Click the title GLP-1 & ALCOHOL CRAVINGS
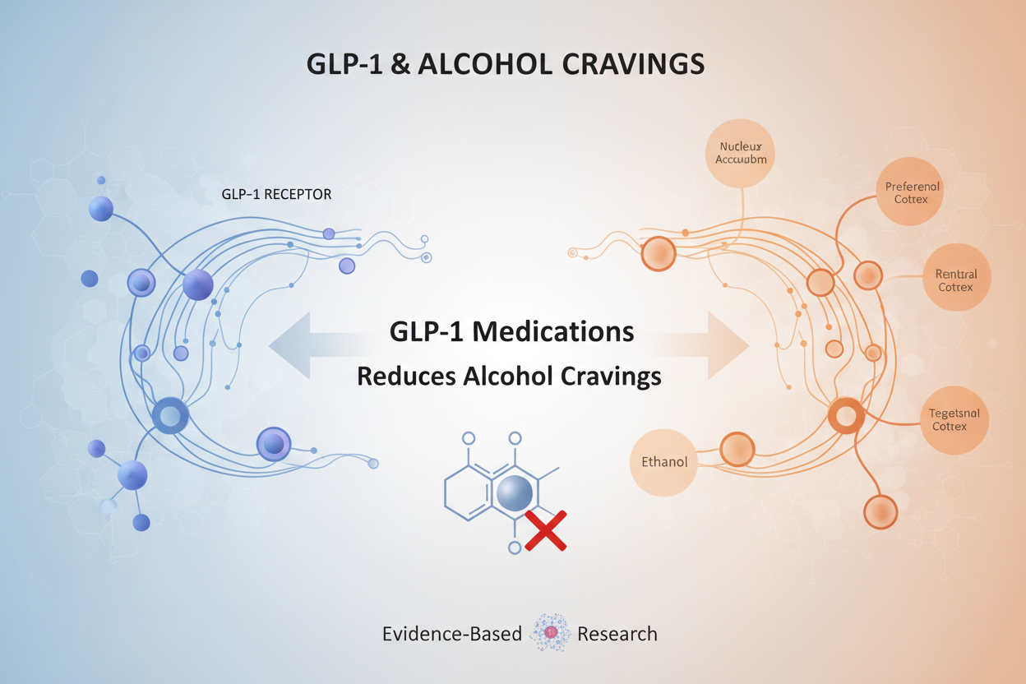505,65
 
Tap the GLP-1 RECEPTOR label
276,195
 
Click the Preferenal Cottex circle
911,192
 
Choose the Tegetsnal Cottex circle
954,420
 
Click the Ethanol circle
663,461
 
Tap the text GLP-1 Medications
511,331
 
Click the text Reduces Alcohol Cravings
509,376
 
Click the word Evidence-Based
452,634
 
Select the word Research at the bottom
617,634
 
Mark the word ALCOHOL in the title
488,65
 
